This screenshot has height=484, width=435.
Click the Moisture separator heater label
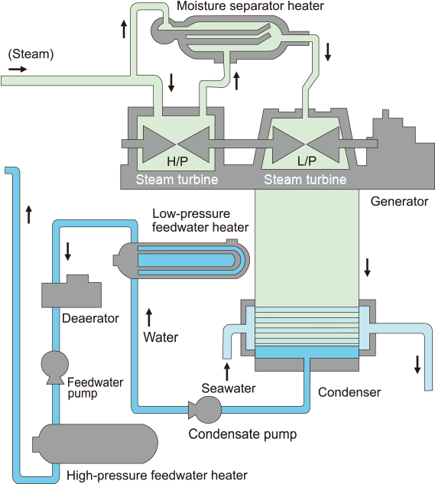click(x=251, y=6)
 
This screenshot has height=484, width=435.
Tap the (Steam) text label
click(x=31, y=54)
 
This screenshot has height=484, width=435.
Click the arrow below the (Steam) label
click(x=18, y=69)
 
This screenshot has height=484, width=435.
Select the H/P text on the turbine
click(x=177, y=161)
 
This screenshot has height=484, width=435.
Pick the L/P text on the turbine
click(x=307, y=161)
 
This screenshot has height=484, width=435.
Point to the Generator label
click(x=399, y=201)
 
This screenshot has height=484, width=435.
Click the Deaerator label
click(x=90, y=318)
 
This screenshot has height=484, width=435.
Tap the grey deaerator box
click(x=71, y=291)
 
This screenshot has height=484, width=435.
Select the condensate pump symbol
click(x=206, y=410)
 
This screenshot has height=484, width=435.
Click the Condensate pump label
click(x=242, y=434)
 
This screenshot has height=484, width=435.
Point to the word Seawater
click(x=229, y=388)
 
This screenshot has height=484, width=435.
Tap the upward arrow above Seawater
click(x=227, y=372)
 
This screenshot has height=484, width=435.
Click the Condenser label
click(x=349, y=392)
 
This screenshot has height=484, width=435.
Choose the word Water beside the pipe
click(x=161, y=337)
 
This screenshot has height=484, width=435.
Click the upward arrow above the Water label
click(x=149, y=317)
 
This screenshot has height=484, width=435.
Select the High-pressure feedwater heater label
click(x=157, y=476)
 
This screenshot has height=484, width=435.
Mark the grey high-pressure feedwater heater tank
click(x=95, y=443)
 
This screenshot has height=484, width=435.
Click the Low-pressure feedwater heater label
click(x=200, y=220)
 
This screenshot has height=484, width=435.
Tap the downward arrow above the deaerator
click(x=67, y=252)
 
